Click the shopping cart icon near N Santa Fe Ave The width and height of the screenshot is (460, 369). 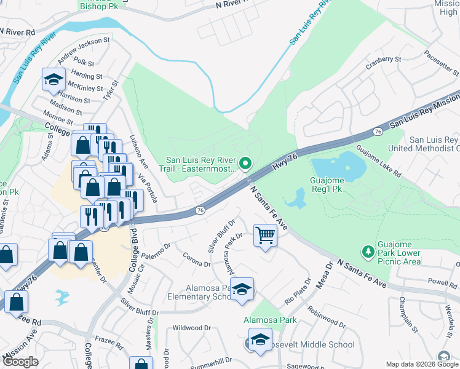[x=265, y=235]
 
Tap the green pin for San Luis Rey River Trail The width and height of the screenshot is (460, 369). [x=246, y=164]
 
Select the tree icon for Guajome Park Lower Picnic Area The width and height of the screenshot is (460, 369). [x=368, y=251]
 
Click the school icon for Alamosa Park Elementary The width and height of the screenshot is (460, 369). [x=242, y=290]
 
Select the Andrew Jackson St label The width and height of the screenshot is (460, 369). [x=84, y=50]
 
